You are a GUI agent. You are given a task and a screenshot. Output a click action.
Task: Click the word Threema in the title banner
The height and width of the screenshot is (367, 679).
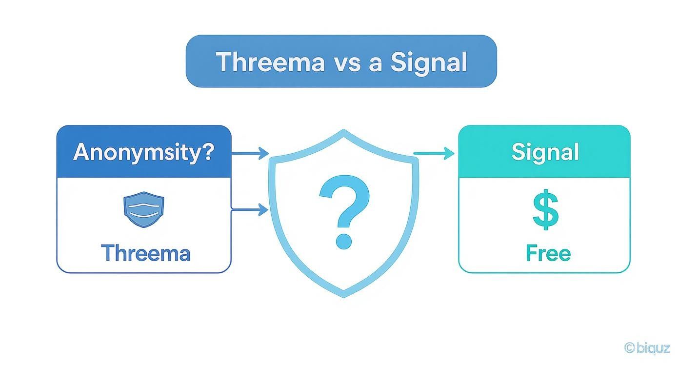(270, 62)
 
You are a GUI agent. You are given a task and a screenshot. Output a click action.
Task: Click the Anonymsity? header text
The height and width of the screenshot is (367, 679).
(143, 152)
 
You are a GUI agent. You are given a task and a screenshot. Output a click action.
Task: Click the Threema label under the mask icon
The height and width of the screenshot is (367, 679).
(145, 253)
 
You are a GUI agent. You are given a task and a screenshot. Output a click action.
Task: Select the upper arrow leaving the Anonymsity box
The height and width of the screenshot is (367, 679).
(251, 153)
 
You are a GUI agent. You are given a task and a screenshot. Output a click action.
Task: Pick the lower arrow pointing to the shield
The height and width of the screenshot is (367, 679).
(251, 210)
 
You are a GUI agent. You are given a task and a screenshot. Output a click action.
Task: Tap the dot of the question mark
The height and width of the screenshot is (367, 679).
(344, 241)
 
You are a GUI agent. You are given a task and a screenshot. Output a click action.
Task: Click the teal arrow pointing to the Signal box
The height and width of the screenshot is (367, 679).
(434, 154)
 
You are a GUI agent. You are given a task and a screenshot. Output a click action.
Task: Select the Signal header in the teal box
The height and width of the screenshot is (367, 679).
(545, 152)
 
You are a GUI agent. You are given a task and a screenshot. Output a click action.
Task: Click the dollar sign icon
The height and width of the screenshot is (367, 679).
(545, 210)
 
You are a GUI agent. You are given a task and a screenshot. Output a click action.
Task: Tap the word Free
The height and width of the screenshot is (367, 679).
(548, 253)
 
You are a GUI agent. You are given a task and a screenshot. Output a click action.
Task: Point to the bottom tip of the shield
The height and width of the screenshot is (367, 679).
(344, 295)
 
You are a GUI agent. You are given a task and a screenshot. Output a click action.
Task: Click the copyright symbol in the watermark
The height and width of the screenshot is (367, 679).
(630, 347)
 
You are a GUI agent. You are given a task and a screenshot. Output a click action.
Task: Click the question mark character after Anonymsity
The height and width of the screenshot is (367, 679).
(207, 152)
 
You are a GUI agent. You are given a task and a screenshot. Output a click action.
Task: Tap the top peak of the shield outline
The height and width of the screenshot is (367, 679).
(344, 131)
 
